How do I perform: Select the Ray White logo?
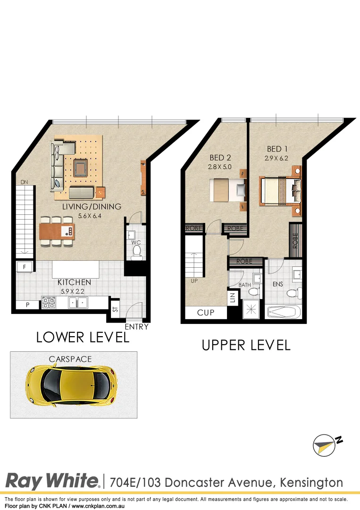pos(52,481)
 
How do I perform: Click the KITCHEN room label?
pos(75,282)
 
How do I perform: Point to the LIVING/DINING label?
pos(92,207)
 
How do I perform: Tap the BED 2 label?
pos(220,158)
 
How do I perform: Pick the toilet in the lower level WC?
pos(136,255)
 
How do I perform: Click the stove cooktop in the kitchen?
pos(49,302)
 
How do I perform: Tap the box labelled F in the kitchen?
pos(24,267)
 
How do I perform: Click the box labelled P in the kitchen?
pos(27,305)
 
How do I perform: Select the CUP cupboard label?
pos(206,313)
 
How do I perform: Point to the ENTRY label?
pos(136,327)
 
